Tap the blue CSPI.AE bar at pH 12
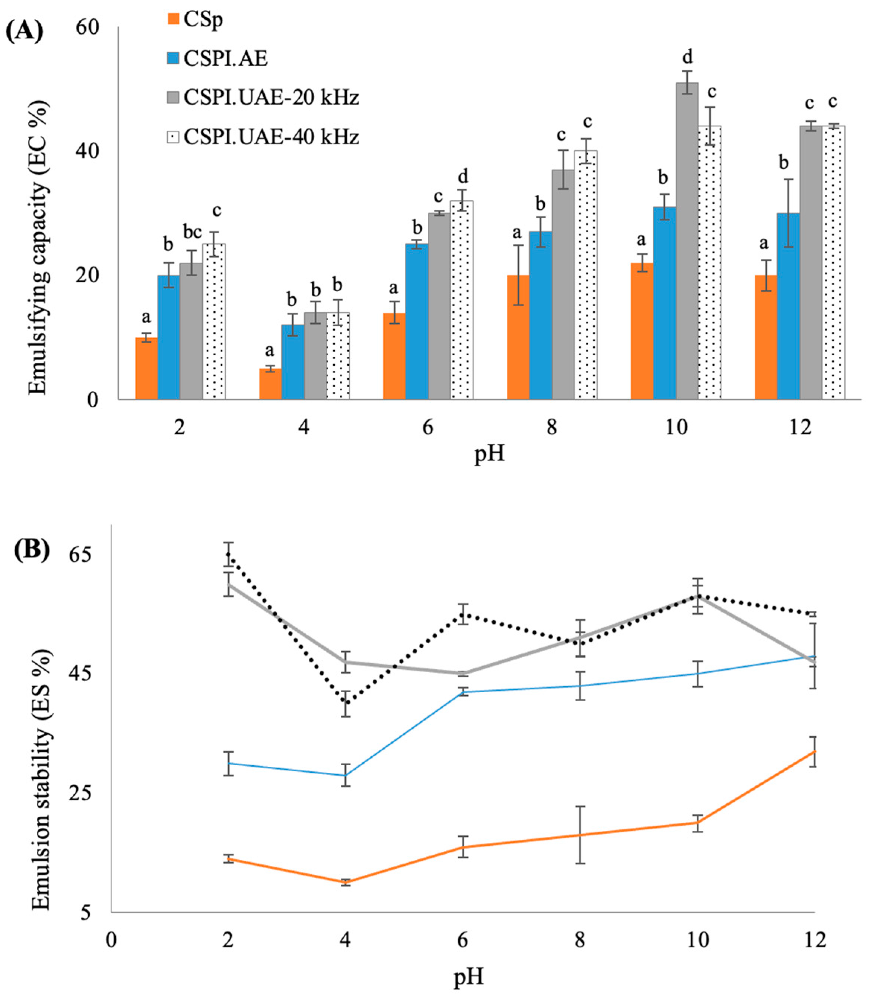click(x=788, y=306)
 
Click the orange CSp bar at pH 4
click(x=270, y=384)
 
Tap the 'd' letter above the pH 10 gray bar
click(x=687, y=57)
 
